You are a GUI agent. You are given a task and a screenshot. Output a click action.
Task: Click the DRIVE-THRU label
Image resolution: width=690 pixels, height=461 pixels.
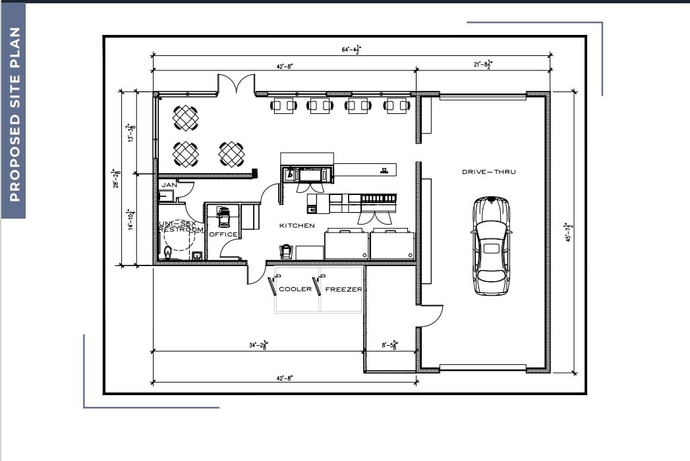click(488, 172)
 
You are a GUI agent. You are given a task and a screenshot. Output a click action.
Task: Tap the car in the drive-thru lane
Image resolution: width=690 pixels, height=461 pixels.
click(491, 245)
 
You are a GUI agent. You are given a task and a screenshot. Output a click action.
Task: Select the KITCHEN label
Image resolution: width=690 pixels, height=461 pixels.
click(297, 226)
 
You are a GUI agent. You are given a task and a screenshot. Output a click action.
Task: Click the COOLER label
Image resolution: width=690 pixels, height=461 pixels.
click(295, 289)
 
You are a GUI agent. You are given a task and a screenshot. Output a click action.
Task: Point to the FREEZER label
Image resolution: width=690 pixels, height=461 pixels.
click(343, 289)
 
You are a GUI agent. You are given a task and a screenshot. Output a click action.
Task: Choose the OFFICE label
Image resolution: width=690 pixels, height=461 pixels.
click(223, 234)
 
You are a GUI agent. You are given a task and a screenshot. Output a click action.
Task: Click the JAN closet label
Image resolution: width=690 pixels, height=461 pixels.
click(169, 186)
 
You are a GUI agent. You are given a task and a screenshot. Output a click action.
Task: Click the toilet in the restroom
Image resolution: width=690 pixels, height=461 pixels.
click(168, 252)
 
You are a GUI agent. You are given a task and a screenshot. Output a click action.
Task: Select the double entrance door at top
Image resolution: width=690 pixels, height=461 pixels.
click(237, 85)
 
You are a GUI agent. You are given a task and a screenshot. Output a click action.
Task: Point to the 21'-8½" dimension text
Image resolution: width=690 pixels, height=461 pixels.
click(482, 64)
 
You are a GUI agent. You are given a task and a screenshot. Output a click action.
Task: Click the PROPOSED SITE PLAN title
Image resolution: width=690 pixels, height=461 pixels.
click(14, 114)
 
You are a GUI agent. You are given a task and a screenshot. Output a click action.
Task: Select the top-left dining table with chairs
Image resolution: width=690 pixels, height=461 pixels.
click(186, 119)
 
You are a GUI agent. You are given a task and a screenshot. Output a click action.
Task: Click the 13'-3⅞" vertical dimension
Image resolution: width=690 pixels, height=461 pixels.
click(132, 134)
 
